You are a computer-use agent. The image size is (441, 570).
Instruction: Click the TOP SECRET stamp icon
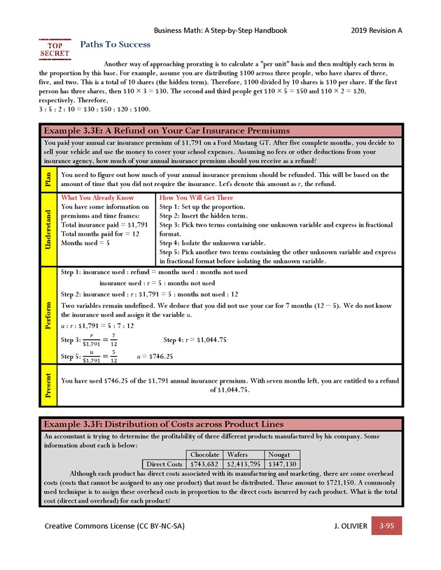click(55, 48)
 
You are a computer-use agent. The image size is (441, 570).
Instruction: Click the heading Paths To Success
click(115, 44)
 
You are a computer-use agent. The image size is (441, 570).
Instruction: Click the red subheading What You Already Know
click(97, 198)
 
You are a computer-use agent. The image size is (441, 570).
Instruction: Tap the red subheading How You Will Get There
click(197, 198)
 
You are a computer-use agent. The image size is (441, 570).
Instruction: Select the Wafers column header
click(243, 455)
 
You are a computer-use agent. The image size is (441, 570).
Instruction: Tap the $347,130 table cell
click(281, 464)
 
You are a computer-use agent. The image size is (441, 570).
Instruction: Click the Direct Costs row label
click(164, 464)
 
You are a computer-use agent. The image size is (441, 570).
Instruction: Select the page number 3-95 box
click(386, 525)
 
